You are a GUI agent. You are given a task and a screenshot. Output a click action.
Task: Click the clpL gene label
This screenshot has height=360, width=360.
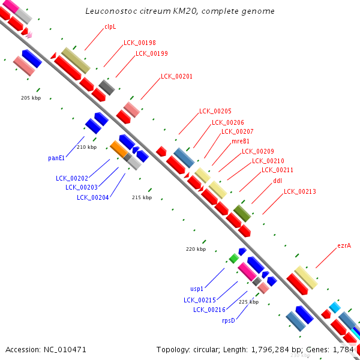point(110,27)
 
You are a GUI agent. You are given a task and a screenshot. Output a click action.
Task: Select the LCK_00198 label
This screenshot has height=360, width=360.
point(140,43)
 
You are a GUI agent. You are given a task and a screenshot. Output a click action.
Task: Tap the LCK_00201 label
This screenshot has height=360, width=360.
point(176,76)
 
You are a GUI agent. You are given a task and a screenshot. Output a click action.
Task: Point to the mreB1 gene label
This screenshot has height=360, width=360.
point(241,141)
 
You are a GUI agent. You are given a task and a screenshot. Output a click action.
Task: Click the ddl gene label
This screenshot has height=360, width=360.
point(277,181)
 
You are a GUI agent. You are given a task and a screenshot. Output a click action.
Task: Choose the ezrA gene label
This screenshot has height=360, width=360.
point(344,245)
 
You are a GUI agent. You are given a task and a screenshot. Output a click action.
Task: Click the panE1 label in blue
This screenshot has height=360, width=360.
point(56,158)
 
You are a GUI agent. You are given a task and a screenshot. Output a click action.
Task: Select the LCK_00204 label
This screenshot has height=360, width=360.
point(93,197)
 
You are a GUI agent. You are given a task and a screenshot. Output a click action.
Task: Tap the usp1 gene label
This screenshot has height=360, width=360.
point(197,289)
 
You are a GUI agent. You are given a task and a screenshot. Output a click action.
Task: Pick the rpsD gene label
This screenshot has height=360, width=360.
point(229,320)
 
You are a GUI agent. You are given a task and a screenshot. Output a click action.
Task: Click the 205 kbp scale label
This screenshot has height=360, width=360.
point(31,98)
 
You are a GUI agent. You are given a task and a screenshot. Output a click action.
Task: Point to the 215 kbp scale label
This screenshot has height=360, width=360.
point(142,197)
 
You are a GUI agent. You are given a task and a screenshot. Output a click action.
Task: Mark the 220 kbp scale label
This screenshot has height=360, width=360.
point(196,249)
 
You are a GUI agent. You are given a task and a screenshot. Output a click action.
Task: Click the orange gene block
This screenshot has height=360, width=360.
point(119,149)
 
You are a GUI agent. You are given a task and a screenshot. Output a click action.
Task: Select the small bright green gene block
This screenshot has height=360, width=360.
point(234,259)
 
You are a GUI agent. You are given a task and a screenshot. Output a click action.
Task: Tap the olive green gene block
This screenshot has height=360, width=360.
point(242,214)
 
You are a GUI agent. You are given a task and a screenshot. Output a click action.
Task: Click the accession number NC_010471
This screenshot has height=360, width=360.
point(65,350)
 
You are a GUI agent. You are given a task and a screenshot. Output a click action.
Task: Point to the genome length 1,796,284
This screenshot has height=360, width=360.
point(270,350)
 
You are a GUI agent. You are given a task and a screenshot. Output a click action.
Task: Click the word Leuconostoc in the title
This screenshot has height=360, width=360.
point(112,11)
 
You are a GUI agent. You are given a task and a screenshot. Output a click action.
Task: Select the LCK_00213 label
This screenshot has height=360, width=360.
point(300,191)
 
